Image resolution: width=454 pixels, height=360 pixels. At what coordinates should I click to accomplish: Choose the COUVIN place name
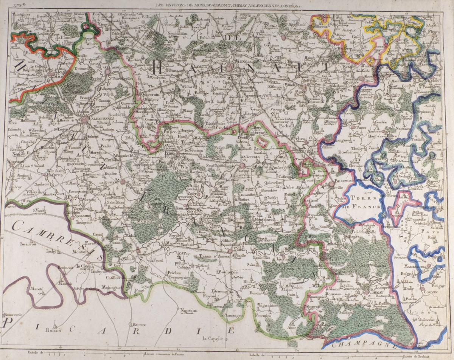[x=431, y=293]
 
